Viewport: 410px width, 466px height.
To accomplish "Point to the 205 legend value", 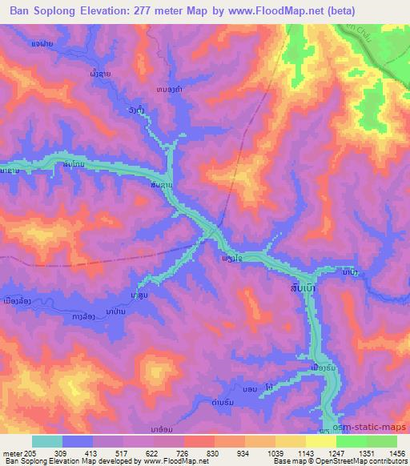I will pos(30,453).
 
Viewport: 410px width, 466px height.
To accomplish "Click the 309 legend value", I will pos(63,453).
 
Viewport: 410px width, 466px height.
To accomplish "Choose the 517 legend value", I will pos(123,453).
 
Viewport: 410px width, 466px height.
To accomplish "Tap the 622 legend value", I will pos(154,453).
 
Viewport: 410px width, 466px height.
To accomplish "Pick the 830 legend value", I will pos(215,453).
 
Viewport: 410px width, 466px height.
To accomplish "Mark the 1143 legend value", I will pos(305,453).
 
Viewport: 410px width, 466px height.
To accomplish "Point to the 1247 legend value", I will pos(336,453).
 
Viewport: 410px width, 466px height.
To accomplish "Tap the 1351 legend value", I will pos(366,453).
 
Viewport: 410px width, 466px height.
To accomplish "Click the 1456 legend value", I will pos(396,453).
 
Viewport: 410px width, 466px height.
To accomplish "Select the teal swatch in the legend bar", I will pos(47,441).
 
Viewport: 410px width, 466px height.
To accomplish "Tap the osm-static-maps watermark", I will pos(376,428).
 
